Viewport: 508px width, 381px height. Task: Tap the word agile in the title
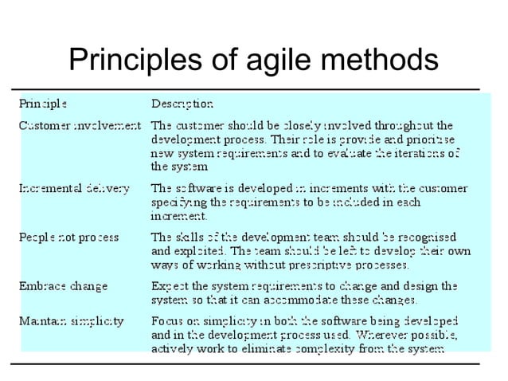pos(264,61)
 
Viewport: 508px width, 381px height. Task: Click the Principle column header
pos(43,104)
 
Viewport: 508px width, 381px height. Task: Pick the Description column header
pos(182,104)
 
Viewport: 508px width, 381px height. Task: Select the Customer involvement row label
pos(80,125)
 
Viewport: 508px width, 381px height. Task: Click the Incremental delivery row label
pos(73,189)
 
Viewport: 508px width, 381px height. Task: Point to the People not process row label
pos(68,237)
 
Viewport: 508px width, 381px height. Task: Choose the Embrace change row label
pos(63,285)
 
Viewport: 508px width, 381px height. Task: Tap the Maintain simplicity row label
pos(71,321)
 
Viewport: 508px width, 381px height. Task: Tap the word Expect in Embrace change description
pos(170,285)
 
